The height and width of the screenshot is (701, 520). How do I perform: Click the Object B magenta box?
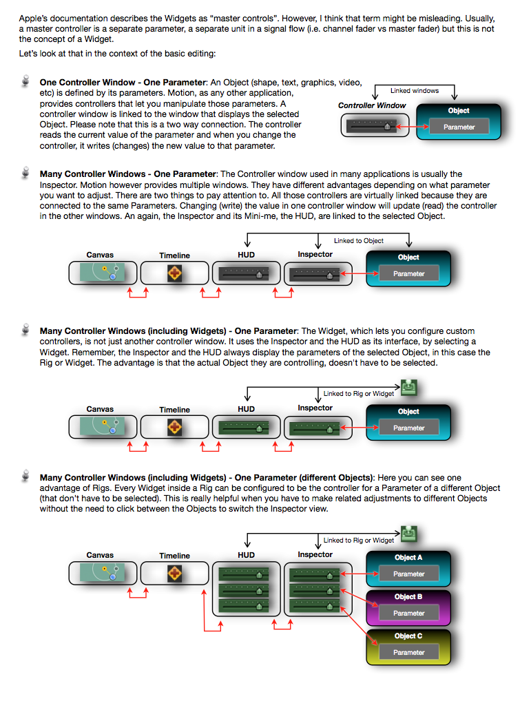pyautogui.click(x=408, y=607)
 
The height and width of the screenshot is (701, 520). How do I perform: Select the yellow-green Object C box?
pyautogui.click(x=408, y=646)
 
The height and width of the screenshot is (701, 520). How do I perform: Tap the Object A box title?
pyautogui.click(x=408, y=557)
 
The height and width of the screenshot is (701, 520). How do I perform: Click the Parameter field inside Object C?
pyautogui.click(x=409, y=652)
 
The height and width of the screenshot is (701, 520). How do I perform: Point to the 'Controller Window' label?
pyautogui.click(x=372, y=105)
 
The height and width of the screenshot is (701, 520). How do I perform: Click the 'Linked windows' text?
pyautogui.click(x=415, y=90)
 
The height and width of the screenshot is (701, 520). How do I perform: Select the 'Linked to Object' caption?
pyautogui.click(x=359, y=240)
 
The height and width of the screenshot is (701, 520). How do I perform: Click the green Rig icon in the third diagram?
pyautogui.click(x=409, y=388)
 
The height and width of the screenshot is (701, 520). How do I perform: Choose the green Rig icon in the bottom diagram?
pyautogui.click(x=409, y=534)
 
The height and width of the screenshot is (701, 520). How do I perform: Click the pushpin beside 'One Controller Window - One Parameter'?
pyautogui.click(x=26, y=83)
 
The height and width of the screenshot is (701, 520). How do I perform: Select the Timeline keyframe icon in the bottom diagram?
pyautogui.click(x=175, y=573)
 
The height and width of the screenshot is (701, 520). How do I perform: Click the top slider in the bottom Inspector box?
pyautogui.click(x=315, y=574)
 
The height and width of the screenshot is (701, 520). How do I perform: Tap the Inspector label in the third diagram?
pyautogui.click(x=315, y=408)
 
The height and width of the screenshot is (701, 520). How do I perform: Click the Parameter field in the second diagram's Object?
pyautogui.click(x=409, y=273)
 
